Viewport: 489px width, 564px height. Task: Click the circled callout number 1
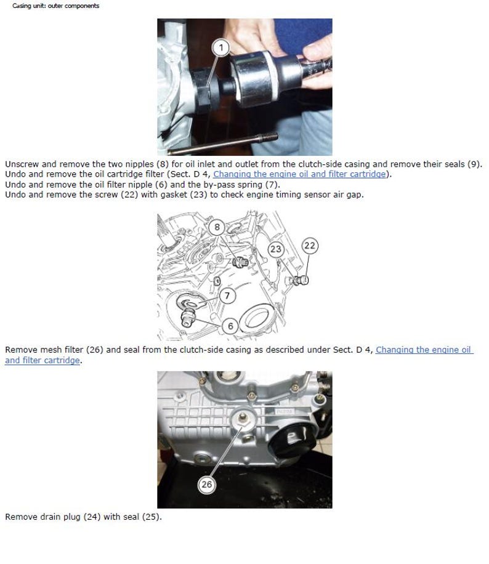(221, 47)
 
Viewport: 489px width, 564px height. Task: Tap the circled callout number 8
(217, 227)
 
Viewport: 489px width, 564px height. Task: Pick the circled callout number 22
(309, 246)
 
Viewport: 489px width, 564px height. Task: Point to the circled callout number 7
(227, 296)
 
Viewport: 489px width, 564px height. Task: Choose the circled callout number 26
(206, 485)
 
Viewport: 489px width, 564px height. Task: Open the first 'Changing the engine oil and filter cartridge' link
(299, 174)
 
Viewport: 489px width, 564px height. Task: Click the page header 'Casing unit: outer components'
(55, 6)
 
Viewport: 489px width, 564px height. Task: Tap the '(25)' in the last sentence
(151, 517)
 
